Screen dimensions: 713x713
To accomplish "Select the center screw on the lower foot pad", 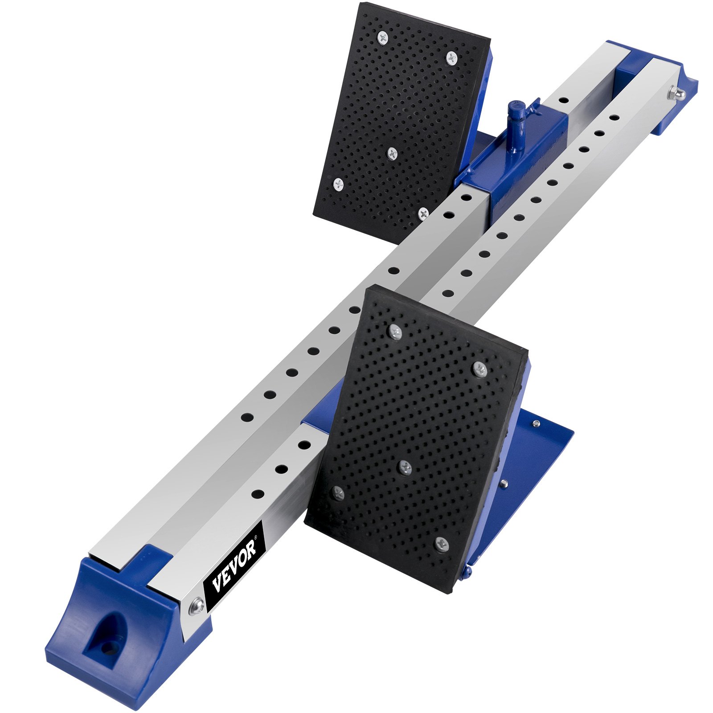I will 405,467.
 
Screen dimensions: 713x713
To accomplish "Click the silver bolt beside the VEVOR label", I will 196,606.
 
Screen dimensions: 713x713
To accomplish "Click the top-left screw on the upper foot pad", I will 383,37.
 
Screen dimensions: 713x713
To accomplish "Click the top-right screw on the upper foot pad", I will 452,57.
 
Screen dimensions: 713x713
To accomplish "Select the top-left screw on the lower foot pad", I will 395,331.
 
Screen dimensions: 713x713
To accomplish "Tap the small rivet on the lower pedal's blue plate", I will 537,423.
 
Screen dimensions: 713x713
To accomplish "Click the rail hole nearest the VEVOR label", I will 258,494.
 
